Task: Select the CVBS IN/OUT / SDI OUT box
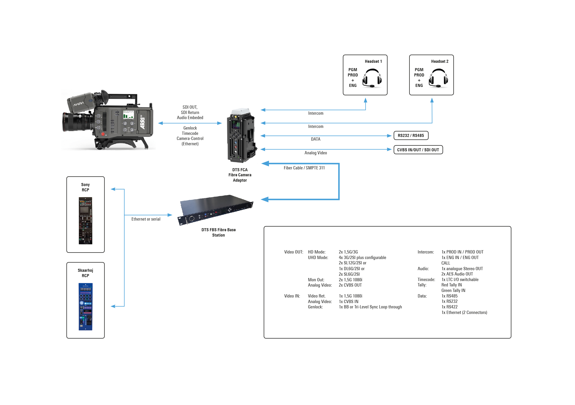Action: (418, 150)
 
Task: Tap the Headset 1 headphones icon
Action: (372, 78)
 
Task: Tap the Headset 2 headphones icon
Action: (438, 78)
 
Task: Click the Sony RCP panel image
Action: (85, 221)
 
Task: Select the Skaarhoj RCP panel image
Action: (85, 306)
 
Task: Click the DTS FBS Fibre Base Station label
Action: (218, 232)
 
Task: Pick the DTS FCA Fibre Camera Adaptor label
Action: (240, 175)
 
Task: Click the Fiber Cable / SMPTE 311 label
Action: (304, 168)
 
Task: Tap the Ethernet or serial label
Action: (146, 219)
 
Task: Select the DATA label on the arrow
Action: (316, 139)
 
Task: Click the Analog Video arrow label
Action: (316, 153)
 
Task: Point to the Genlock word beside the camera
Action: (190, 128)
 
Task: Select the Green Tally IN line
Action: (453, 290)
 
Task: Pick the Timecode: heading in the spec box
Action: (426, 279)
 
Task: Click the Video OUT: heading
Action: (294, 252)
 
